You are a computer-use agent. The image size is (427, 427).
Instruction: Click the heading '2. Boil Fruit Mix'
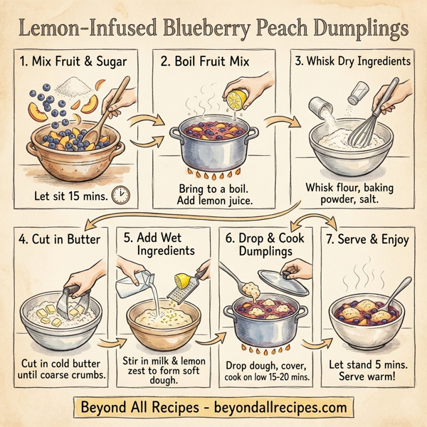point(205,61)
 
